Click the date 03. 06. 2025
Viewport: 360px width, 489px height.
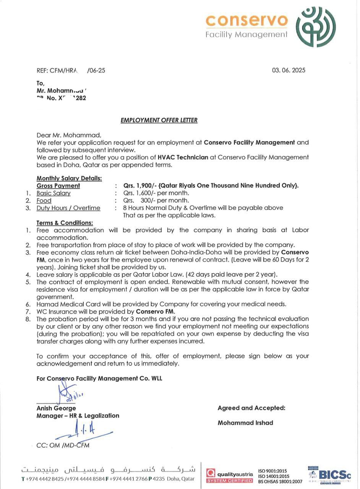(289, 70)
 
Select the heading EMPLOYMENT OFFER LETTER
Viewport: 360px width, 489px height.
(159, 120)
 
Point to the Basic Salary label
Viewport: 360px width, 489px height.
(54, 193)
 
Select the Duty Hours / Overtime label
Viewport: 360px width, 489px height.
(68, 208)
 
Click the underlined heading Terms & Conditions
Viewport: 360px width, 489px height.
(65, 223)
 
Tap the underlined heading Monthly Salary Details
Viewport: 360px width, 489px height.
(69, 178)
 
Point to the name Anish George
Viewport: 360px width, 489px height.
(56, 408)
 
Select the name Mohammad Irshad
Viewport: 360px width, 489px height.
(245, 423)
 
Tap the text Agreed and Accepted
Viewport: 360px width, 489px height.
(251, 408)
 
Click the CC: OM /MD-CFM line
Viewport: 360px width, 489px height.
(63, 445)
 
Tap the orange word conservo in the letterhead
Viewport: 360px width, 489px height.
(246, 20)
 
